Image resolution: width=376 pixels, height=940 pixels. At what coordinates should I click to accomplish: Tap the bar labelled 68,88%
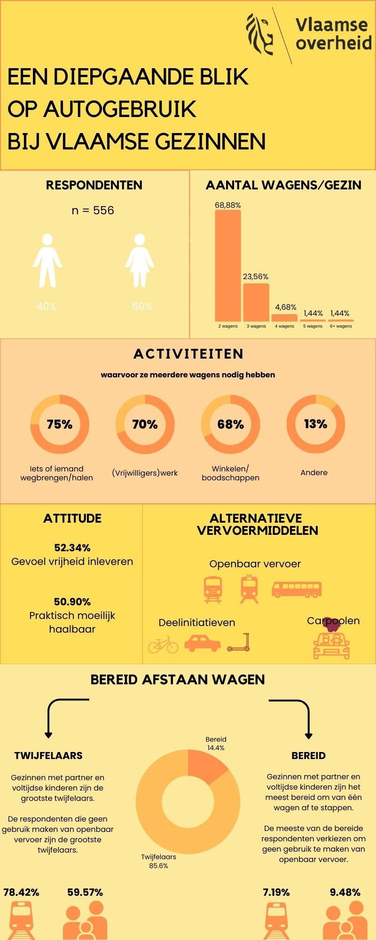228,266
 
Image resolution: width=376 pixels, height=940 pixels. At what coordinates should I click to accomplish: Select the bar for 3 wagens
256,302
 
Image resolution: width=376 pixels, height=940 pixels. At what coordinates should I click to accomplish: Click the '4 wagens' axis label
284,326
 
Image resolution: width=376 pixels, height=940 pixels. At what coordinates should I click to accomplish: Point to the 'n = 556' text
93,210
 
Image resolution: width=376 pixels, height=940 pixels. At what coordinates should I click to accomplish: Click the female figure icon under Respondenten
140,261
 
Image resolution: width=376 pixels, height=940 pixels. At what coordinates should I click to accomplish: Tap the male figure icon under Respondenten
47,261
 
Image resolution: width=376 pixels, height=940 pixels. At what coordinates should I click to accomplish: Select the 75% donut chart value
60,424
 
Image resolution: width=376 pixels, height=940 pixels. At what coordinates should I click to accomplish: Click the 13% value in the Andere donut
315,424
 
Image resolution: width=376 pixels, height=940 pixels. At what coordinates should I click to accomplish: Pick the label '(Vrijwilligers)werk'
145,473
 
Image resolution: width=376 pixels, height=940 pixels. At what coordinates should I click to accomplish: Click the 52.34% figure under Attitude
72,548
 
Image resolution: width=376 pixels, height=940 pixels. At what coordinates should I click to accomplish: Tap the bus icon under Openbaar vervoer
297,589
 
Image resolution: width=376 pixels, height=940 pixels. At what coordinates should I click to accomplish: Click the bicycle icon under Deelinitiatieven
163,644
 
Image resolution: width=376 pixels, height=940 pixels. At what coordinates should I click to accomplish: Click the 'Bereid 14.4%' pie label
216,743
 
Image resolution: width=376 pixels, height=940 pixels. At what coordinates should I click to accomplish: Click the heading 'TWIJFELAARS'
48,756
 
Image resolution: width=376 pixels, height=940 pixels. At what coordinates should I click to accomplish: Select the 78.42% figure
21,892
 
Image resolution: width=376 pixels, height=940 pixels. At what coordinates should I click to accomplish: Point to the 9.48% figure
345,892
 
